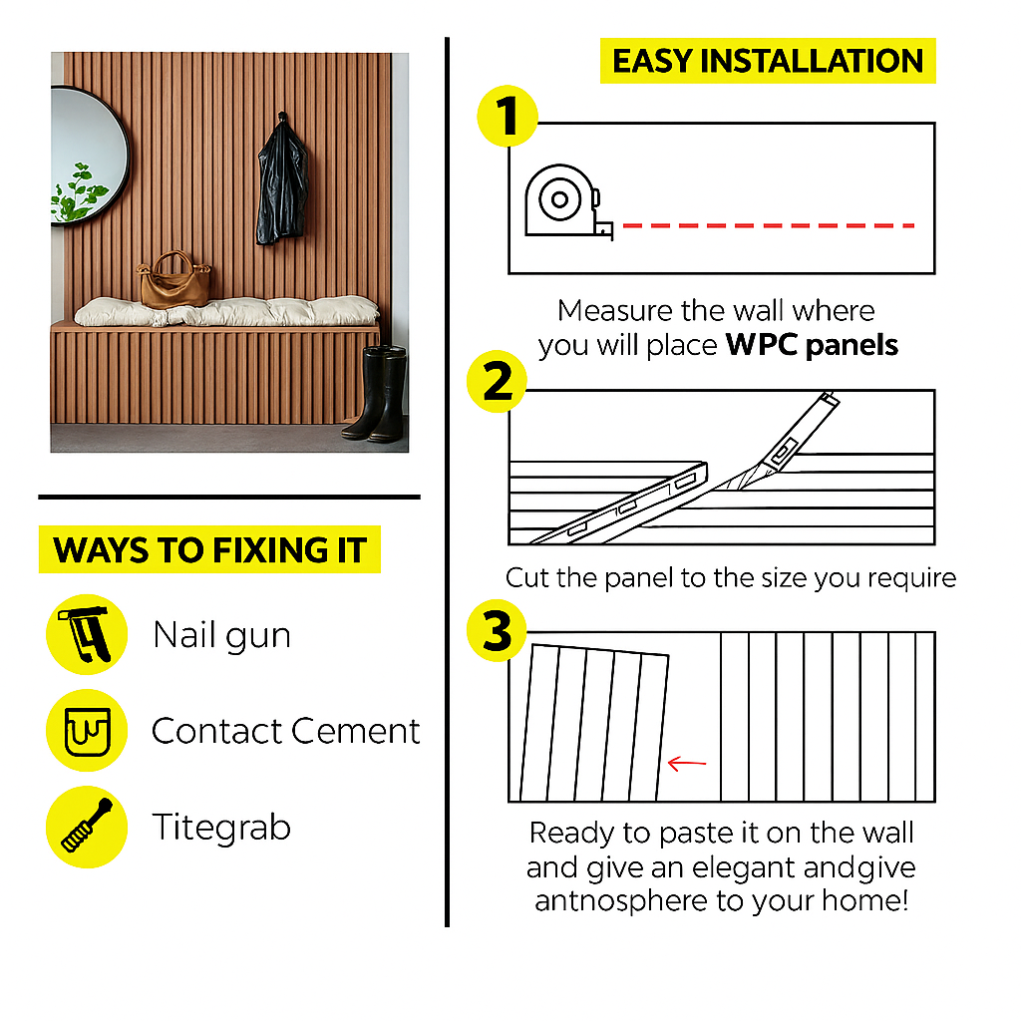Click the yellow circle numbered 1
(508, 116)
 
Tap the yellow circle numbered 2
(498, 382)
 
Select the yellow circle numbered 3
(498, 630)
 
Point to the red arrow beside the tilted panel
(687, 763)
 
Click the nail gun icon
(87, 634)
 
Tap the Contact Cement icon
(87, 731)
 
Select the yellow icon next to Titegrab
(87, 827)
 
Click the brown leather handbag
(174, 281)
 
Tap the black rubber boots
(376, 394)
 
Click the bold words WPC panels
(812, 344)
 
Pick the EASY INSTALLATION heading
(768, 61)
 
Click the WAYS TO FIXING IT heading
(209, 549)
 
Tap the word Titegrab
(221, 827)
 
